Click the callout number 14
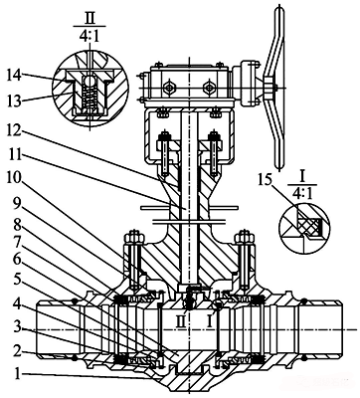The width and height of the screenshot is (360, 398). coord(14,76)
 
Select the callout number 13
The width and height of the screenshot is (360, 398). coord(14,99)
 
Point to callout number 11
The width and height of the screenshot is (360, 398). coord(14,154)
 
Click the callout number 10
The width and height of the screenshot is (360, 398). coord(14,180)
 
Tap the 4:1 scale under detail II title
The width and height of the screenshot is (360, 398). coord(90,35)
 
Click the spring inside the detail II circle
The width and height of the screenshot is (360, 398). coord(90,98)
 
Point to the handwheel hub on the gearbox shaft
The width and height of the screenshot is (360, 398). coord(269,88)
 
